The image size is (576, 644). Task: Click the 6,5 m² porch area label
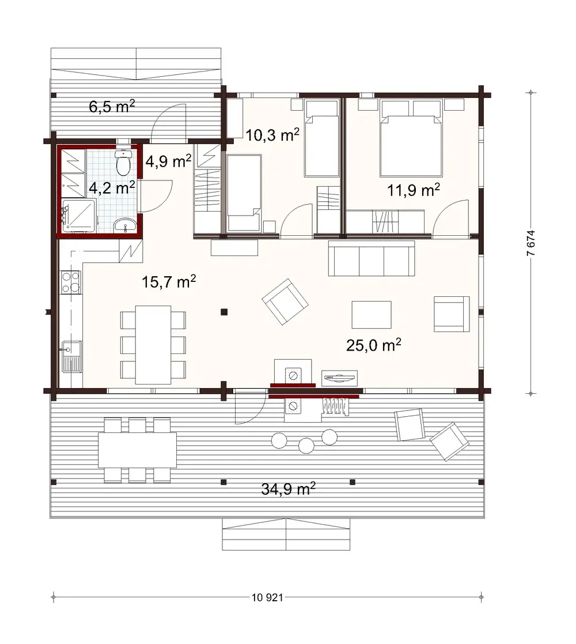(x=112, y=107)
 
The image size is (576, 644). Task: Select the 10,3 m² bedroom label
(x=272, y=135)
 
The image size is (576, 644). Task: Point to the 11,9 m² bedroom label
(x=414, y=190)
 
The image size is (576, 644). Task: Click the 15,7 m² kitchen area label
(x=169, y=282)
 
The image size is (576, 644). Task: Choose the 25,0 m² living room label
(x=374, y=345)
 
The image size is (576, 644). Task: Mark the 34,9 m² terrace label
(x=288, y=489)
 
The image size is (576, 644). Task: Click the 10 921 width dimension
(x=267, y=597)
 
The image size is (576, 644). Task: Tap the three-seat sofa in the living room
(x=371, y=258)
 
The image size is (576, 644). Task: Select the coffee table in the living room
(x=372, y=315)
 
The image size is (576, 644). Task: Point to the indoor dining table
(x=153, y=344)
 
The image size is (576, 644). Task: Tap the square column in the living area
(x=223, y=312)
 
